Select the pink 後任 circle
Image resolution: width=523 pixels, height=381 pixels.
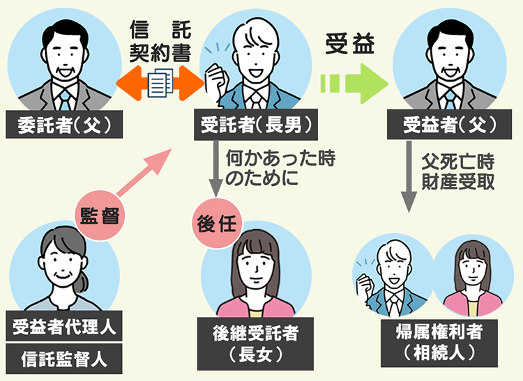pyautogui.click(x=215, y=224)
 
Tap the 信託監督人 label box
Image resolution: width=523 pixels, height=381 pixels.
pyautogui.click(x=63, y=359)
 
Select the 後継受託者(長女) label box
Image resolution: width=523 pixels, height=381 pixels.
pyautogui.click(x=255, y=343)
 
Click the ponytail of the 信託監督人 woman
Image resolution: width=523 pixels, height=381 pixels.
pyautogui.click(x=83, y=281)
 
